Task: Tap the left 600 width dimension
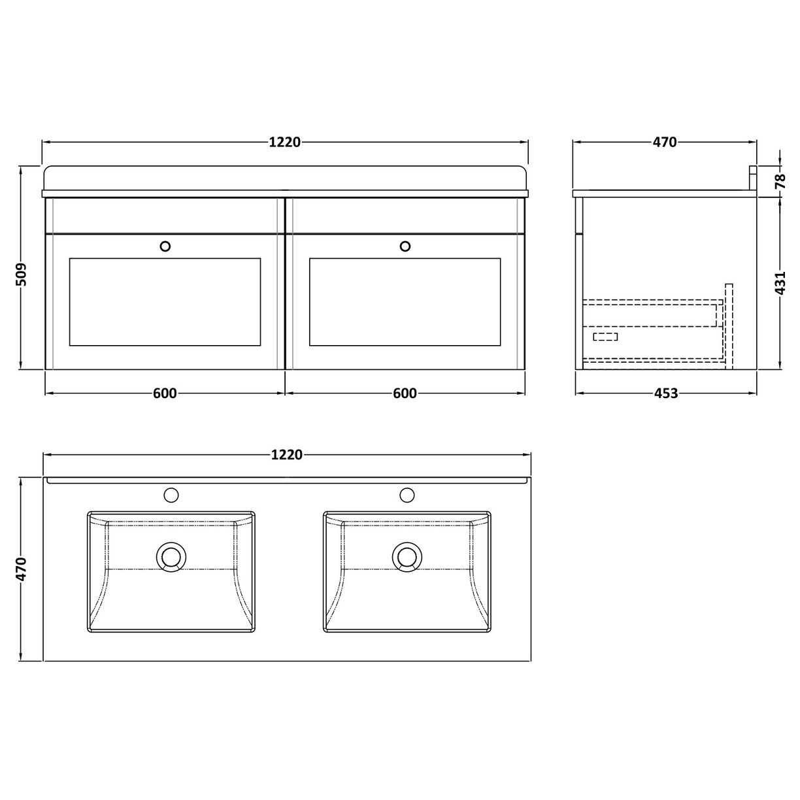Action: tap(165, 393)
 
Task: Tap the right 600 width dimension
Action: tap(405, 393)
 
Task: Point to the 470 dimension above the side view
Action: tap(664, 142)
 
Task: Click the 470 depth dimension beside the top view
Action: tap(22, 569)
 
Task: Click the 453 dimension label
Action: tap(665, 393)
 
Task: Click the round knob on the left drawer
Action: tap(165, 246)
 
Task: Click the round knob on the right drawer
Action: tap(405, 246)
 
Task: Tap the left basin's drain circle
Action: tap(171, 557)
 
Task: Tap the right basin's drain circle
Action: tap(407, 557)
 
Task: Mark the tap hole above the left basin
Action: tap(172, 495)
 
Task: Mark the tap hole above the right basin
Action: tap(408, 495)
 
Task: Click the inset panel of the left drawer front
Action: tap(165, 301)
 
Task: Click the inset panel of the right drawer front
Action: tap(405, 301)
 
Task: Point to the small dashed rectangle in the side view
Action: tap(605, 337)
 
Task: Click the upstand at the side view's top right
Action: tap(752, 178)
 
